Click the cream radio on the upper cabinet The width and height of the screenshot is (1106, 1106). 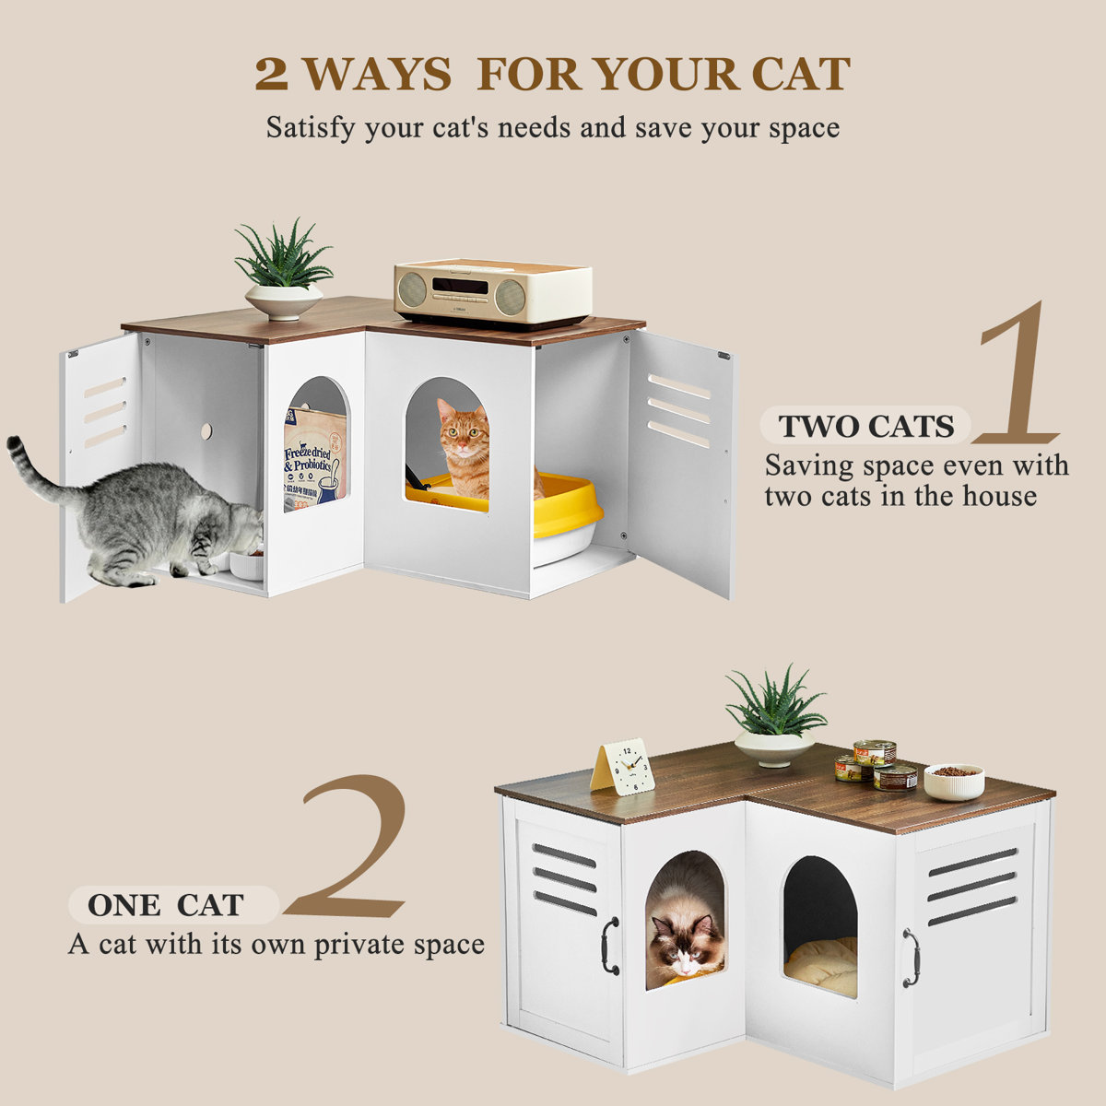pos(491,290)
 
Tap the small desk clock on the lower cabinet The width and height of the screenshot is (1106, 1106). pos(624,767)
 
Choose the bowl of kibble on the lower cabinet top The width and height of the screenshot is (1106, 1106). pos(954,782)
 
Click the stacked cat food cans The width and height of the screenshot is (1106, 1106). pos(877,765)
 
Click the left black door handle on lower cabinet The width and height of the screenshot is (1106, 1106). pos(609,946)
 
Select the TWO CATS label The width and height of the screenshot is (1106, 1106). pos(865,427)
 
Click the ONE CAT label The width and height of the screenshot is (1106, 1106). pos(166,905)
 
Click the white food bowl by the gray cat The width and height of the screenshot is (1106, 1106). pos(246,564)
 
